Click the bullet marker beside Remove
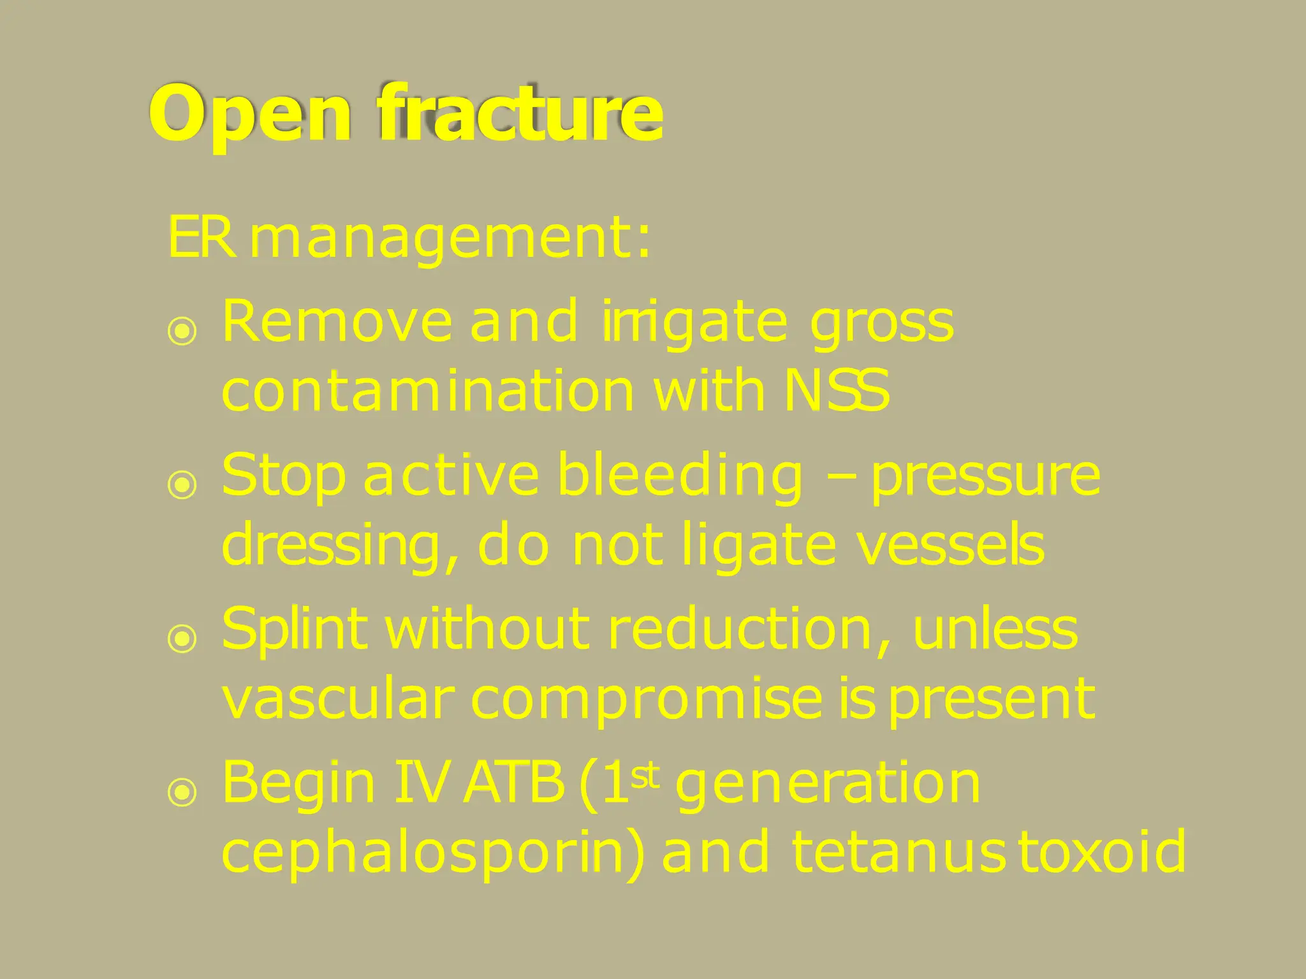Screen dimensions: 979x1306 pyautogui.click(x=182, y=331)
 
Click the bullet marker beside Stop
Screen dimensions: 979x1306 pyautogui.click(x=182, y=484)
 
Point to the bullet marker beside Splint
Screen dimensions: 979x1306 pyautogui.click(x=182, y=638)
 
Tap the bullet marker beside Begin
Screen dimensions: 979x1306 pyautogui.click(x=182, y=792)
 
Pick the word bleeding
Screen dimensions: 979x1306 pyautogui.click(x=679, y=477)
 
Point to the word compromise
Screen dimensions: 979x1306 pyautogui.click(x=646, y=700)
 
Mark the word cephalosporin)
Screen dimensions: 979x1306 pyautogui.click(x=434, y=854)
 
